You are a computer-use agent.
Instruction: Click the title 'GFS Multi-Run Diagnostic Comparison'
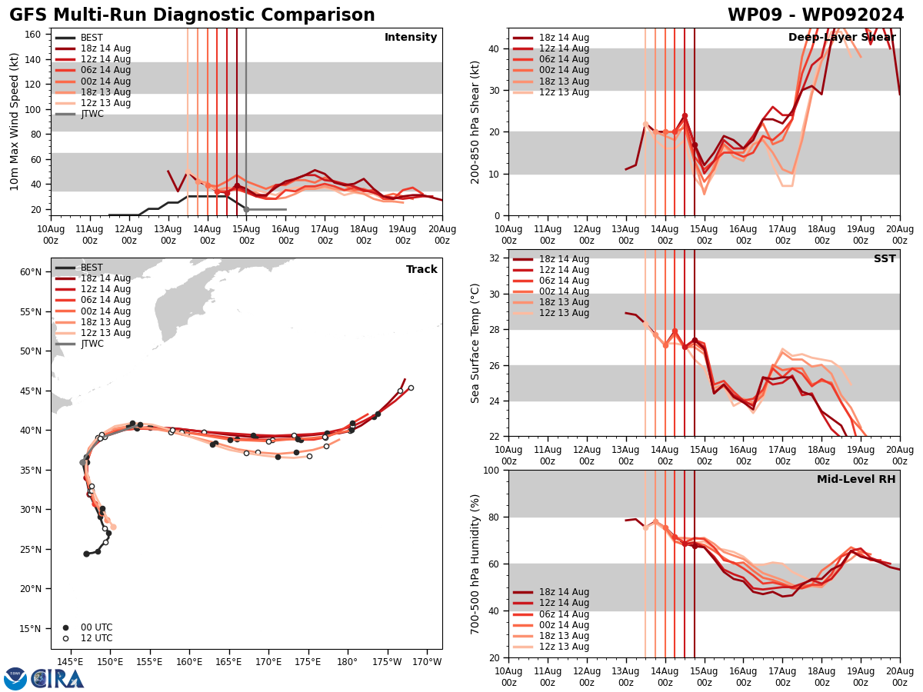click(x=192, y=15)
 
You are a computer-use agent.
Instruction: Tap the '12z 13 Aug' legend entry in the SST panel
click(x=565, y=313)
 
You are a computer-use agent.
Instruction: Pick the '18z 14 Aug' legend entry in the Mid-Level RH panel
click(x=565, y=592)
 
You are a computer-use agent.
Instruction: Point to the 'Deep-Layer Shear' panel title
click(x=841, y=38)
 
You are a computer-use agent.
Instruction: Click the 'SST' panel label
click(x=884, y=259)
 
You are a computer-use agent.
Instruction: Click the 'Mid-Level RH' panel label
click(x=855, y=480)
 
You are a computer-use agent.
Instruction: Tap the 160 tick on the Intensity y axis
click(x=34, y=34)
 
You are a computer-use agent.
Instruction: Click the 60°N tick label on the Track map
click(x=31, y=272)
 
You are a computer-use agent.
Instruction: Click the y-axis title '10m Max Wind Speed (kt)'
click(x=15, y=121)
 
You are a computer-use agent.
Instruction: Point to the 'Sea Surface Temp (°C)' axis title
click(x=476, y=343)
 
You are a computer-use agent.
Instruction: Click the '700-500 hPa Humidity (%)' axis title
click(x=476, y=564)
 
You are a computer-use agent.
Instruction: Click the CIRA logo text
click(x=58, y=679)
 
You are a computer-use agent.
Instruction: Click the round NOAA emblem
click(x=15, y=679)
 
